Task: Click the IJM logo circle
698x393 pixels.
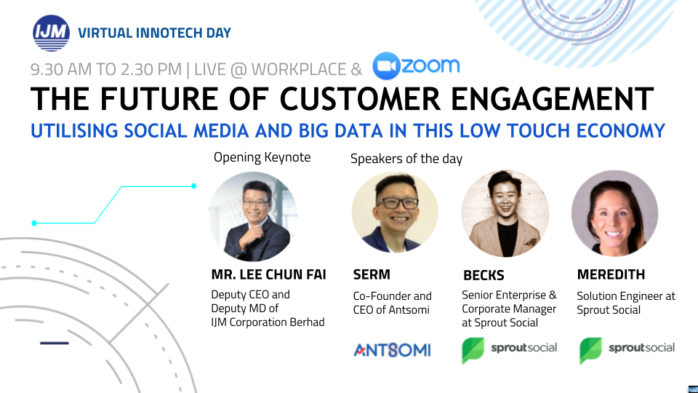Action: click(51, 33)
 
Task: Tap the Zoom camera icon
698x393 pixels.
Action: click(386, 66)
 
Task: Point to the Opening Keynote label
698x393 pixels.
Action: click(262, 157)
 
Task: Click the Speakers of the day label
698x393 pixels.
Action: click(406, 159)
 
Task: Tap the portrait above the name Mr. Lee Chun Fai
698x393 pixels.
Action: click(253, 216)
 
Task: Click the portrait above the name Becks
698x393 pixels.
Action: click(505, 213)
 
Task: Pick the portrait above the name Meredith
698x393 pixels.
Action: click(615, 213)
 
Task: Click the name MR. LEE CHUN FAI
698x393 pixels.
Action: click(268, 274)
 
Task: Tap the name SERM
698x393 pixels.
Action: click(372, 274)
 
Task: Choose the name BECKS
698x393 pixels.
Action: click(484, 275)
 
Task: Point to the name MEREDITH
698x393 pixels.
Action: click(611, 274)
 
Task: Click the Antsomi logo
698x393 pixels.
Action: click(392, 350)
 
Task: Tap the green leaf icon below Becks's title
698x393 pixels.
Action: click(473, 351)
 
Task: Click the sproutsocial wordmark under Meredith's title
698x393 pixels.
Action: click(641, 348)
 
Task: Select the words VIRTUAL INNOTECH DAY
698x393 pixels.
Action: click(154, 33)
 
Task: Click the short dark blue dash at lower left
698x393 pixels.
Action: click(55, 343)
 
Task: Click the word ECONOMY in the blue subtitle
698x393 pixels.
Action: click(620, 131)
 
